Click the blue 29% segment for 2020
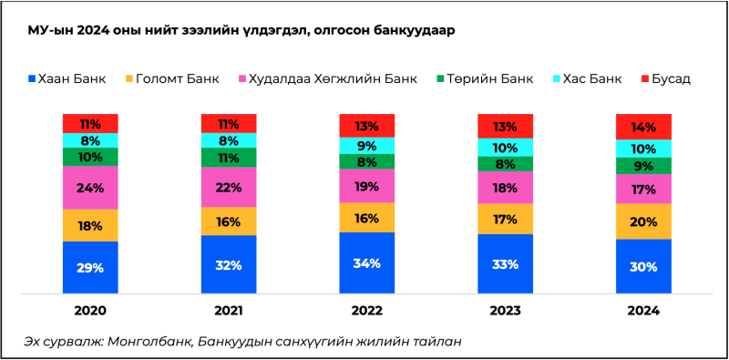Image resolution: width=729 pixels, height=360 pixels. (x=90, y=267)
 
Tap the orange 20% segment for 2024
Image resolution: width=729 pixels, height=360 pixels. (x=644, y=221)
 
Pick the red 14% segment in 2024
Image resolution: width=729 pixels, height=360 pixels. (x=644, y=127)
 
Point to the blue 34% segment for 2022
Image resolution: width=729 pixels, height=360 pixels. (x=366, y=262)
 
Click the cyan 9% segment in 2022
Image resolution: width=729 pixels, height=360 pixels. (x=366, y=145)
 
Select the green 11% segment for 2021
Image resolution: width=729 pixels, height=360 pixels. (x=229, y=157)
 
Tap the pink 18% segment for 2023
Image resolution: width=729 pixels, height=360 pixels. (x=505, y=188)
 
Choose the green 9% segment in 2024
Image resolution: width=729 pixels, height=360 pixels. (x=644, y=166)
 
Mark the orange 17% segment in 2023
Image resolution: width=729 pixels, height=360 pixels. (x=505, y=219)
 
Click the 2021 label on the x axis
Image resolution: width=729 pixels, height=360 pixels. (x=229, y=311)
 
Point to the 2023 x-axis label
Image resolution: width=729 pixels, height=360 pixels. (x=505, y=311)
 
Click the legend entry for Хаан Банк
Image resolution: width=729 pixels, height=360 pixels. (x=70, y=78)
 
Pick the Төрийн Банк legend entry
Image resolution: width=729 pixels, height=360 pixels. (x=489, y=78)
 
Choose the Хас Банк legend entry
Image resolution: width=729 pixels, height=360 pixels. (x=592, y=78)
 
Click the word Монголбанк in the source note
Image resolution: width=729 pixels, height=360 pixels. (x=147, y=342)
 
